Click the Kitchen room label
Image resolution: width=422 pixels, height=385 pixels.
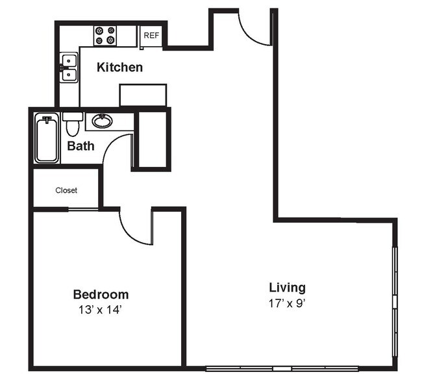pos(119,67)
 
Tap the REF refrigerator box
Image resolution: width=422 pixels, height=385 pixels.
pos(151,36)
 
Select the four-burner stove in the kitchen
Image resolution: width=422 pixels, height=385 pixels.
pos(105,35)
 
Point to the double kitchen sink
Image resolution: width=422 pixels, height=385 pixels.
pos(68,68)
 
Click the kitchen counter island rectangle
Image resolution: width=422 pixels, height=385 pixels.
pos(143,94)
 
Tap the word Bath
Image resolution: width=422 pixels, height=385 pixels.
pos(81,145)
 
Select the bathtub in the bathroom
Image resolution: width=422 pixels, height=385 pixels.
pos(47,138)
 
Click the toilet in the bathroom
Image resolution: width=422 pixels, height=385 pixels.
pos(72,124)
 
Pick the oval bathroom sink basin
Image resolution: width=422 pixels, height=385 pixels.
pos(101,120)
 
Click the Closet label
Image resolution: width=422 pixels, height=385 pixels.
pos(66,190)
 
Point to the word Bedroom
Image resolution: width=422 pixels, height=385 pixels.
pos(100,294)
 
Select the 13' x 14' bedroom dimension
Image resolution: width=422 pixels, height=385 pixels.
pos(100,310)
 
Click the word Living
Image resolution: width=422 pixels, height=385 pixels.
pos(287,287)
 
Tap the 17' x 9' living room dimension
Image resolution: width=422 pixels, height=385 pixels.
pos(287,303)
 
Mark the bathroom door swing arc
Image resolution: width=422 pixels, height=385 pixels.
pos(117,149)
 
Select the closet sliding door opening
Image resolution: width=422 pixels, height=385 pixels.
pos(82,209)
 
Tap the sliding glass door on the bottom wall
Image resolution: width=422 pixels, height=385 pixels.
pos(282,369)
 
